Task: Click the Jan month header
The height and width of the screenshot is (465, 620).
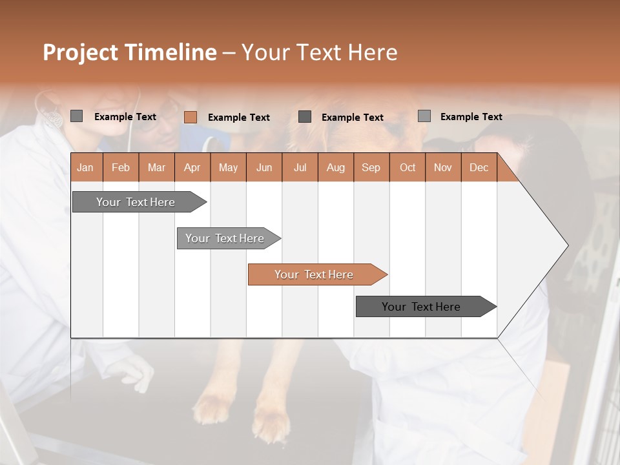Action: pyautogui.click(x=85, y=167)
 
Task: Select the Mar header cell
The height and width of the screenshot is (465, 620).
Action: pyautogui.click(x=156, y=167)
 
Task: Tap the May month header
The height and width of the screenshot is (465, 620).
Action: pyautogui.click(x=228, y=167)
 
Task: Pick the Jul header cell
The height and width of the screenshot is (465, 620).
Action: pyautogui.click(x=300, y=167)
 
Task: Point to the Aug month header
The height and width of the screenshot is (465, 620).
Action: pyautogui.click(x=335, y=167)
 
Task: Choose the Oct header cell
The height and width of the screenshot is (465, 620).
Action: pyautogui.click(x=407, y=167)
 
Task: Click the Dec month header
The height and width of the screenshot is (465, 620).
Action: pyautogui.click(x=479, y=167)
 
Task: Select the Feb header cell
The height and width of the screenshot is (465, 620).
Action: pyautogui.click(x=121, y=167)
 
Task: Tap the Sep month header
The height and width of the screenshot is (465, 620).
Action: pyautogui.click(x=371, y=167)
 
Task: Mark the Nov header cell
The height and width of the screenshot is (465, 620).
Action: pyautogui.click(x=442, y=167)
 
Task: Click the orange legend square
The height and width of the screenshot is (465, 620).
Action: pyautogui.click(x=190, y=117)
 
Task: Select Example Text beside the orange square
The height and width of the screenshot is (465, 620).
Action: pyautogui.click(x=238, y=117)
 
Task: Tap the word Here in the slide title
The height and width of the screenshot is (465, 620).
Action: pyautogui.click(x=373, y=52)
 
